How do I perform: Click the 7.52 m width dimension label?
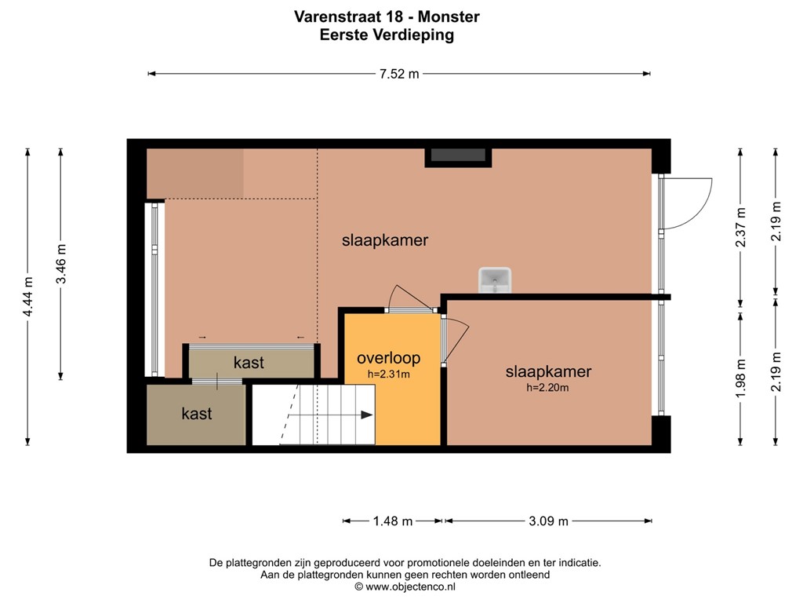tap(399, 74)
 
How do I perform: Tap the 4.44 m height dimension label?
tap(27, 297)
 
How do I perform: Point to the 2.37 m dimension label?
tap(740, 227)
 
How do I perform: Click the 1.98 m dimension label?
tap(740, 377)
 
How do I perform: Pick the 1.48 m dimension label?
tap(392, 521)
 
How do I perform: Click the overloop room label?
tap(388, 358)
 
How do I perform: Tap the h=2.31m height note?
tap(388, 375)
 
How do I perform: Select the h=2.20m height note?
tap(547, 387)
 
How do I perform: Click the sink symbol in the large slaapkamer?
tap(495, 280)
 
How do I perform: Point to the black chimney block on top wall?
tap(458, 156)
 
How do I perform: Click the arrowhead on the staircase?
tap(367, 415)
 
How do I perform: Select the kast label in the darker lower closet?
tap(196, 414)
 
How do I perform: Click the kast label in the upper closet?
tap(249, 363)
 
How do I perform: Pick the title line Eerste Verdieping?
tap(387, 35)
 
